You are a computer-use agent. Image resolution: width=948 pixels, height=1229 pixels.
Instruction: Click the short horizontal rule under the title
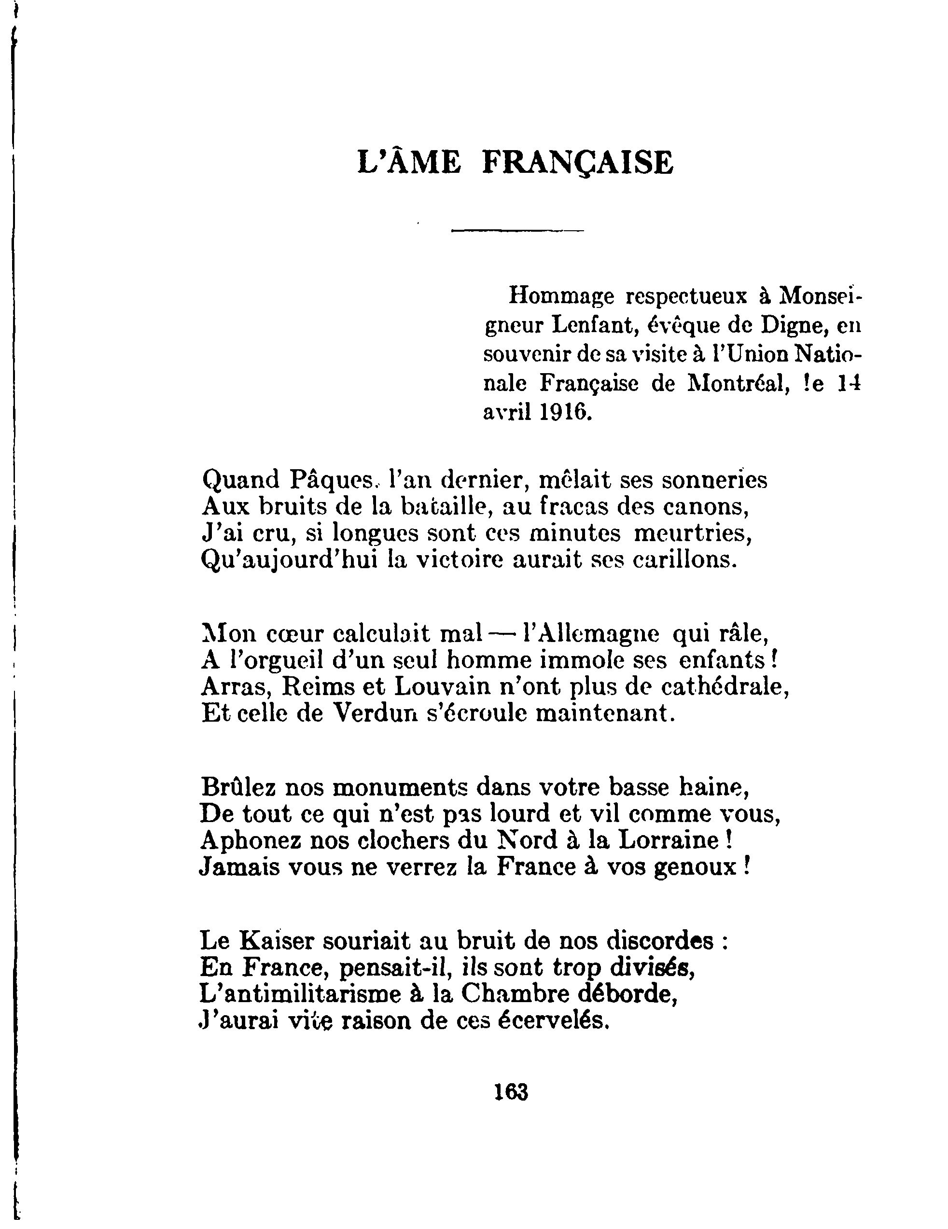(x=517, y=230)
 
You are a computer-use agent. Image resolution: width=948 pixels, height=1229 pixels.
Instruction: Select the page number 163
(x=511, y=1092)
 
